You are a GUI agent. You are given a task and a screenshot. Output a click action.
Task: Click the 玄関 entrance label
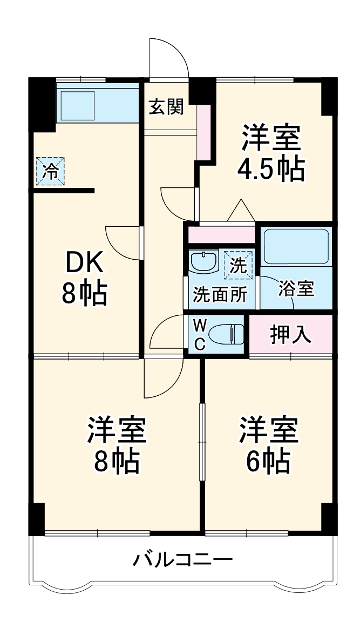click(166, 107)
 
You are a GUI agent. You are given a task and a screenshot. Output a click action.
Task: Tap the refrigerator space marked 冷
click(50, 171)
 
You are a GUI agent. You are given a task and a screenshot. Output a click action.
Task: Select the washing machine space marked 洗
click(239, 265)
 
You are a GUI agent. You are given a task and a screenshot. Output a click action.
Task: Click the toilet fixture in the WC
click(226, 334)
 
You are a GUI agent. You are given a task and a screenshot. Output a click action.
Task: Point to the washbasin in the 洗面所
click(204, 262)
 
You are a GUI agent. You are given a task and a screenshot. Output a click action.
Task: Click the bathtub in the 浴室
click(297, 247)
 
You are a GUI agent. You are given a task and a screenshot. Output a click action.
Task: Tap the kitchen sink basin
click(78, 106)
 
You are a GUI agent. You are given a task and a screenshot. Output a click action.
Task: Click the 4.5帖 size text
click(271, 168)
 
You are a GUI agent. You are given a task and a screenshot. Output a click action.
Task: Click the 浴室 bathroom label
click(296, 289)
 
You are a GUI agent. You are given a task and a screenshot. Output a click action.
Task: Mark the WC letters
click(200, 335)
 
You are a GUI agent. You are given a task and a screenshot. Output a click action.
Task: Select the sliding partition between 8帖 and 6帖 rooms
click(201, 441)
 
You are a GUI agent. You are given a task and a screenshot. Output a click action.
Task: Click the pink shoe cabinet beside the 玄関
click(203, 132)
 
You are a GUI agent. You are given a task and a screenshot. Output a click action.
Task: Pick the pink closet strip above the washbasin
click(221, 235)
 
